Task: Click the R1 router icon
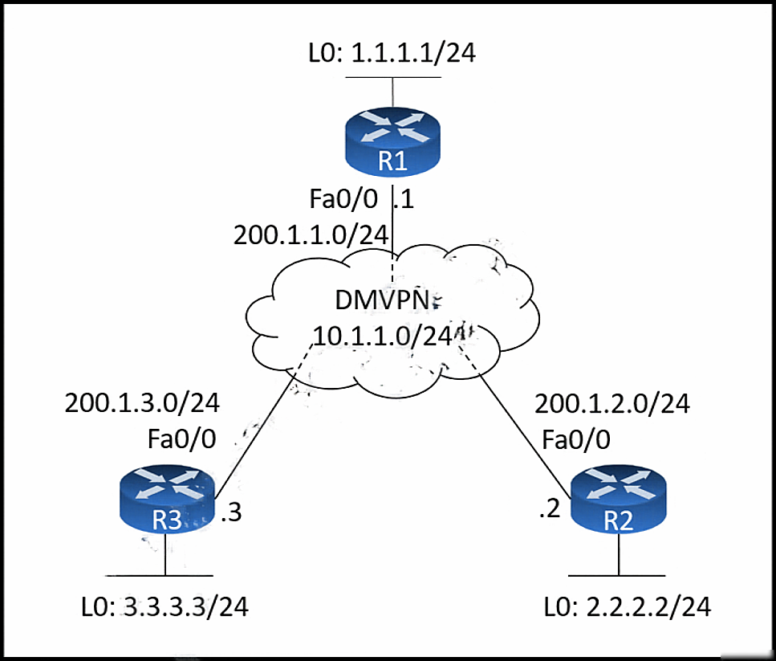click(x=392, y=142)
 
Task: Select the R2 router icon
click(x=619, y=499)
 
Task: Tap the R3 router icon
click(x=167, y=499)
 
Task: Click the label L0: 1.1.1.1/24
click(x=392, y=53)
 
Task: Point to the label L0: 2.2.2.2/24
click(x=628, y=607)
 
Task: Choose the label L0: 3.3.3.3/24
click(x=165, y=607)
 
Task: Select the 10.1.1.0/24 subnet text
click(x=383, y=337)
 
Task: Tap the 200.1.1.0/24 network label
click(x=311, y=235)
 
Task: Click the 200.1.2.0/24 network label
click(x=612, y=404)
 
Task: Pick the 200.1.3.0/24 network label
click(x=142, y=403)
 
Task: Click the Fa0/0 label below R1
click(x=343, y=199)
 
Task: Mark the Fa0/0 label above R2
click(x=576, y=439)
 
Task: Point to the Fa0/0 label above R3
click(x=181, y=439)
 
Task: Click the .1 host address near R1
click(x=404, y=199)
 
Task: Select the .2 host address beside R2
click(x=550, y=509)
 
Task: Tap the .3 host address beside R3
click(x=231, y=512)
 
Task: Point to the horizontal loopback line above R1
click(x=393, y=77)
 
